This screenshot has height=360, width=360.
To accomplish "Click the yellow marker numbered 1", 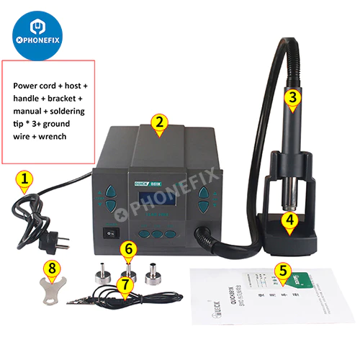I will click(25, 179).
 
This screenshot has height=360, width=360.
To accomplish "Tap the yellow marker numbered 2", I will click(158, 122).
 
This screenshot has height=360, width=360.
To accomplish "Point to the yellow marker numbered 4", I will click(289, 220).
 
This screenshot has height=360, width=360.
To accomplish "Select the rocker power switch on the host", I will click(111, 233).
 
